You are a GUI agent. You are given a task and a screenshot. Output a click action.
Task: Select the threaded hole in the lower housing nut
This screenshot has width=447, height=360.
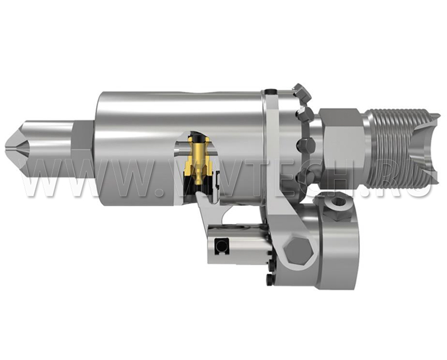339,203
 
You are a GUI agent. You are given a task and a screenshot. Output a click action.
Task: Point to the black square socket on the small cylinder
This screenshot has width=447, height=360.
221,246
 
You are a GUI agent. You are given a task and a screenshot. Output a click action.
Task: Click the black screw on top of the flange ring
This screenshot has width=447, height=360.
270,92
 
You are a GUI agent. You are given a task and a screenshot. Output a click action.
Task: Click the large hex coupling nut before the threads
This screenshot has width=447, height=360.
341,147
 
